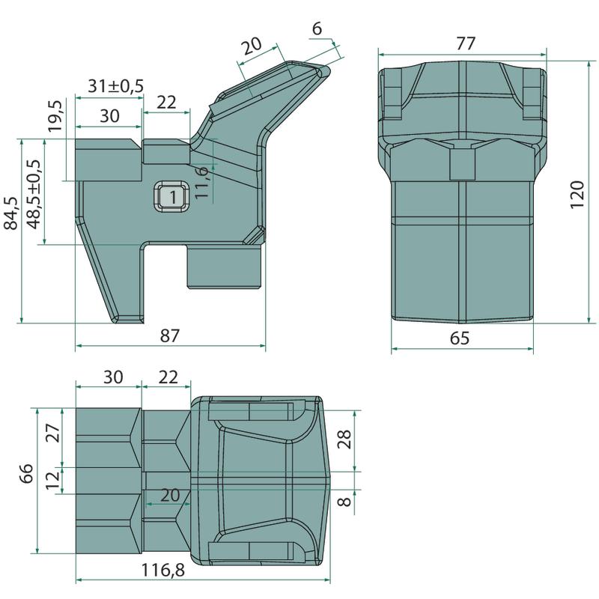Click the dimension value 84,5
point(11,213)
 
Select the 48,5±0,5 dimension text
point(34,195)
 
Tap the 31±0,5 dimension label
point(116,85)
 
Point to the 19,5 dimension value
point(55,116)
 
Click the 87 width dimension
point(170,335)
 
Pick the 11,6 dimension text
point(201,182)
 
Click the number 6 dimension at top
point(317,28)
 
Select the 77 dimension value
point(466,43)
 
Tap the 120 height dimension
point(577,195)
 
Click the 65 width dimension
point(460,338)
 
